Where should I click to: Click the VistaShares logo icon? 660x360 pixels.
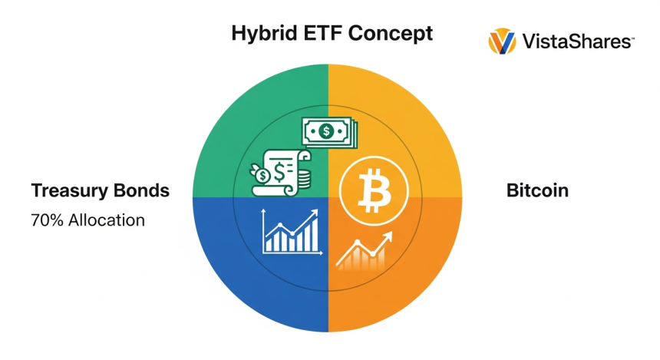[x=502, y=41]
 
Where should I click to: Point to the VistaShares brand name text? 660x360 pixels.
[x=577, y=41]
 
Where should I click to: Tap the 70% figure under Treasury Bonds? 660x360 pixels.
[x=47, y=220]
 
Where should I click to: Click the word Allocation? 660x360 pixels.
[x=106, y=220]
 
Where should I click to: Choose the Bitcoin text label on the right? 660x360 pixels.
[x=537, y=190]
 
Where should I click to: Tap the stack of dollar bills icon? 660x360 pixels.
[x=328, y=131]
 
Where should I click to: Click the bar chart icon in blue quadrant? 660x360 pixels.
[x=291, y=233]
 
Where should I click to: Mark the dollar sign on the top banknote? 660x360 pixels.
[x=326, y=131]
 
